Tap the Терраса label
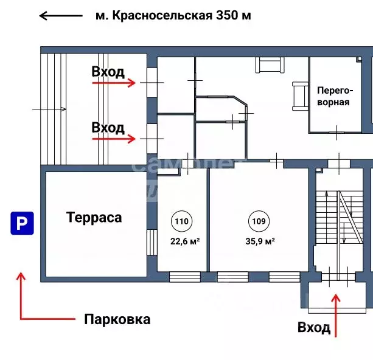pos(94,218)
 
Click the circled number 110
pos(181,221)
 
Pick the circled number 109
pos(257,221)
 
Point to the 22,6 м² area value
pos(185,241)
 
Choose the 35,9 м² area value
pos(260,241)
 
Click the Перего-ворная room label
pos(333,96)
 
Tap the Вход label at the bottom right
pos(314,328)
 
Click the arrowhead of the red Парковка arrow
pos(21,277)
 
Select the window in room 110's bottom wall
pos(184,277)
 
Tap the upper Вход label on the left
pos(108,72)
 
